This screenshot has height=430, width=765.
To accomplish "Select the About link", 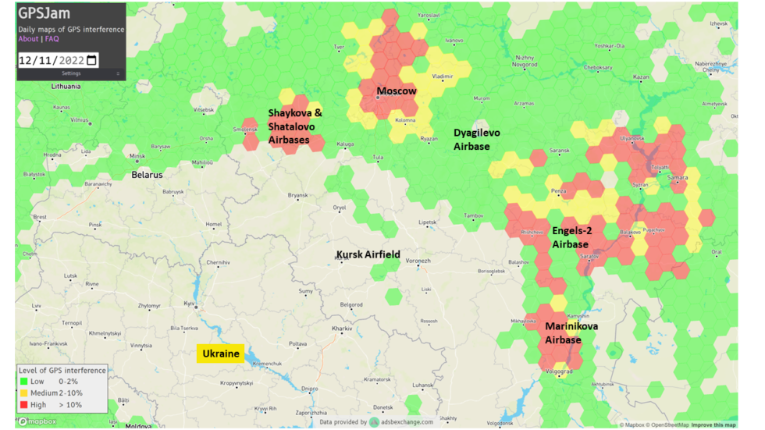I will click(28, 38).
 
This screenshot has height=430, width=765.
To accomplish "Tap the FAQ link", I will click(52, 38).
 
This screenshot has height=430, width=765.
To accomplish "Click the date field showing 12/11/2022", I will click(52, 60).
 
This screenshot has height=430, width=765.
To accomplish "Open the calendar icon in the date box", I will click(91, 60).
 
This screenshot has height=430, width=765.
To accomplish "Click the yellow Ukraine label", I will click(221, 354).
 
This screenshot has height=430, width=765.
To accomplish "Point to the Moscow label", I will click(396, 91).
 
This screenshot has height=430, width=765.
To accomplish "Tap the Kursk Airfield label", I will click(368, 254).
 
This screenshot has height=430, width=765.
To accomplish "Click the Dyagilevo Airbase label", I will click(477, 140).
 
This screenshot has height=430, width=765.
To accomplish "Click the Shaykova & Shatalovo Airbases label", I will click(295, 126).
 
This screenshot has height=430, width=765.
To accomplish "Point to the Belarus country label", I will click(147, 175).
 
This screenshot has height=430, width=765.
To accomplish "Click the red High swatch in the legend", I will click(23, 404).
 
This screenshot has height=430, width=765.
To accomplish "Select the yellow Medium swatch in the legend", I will click(23, 393).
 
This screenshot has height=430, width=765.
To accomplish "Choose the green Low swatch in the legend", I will click(23, 382).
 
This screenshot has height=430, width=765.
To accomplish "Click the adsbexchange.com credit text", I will click(406, 422).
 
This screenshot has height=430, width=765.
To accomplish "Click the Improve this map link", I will click(714, 425).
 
